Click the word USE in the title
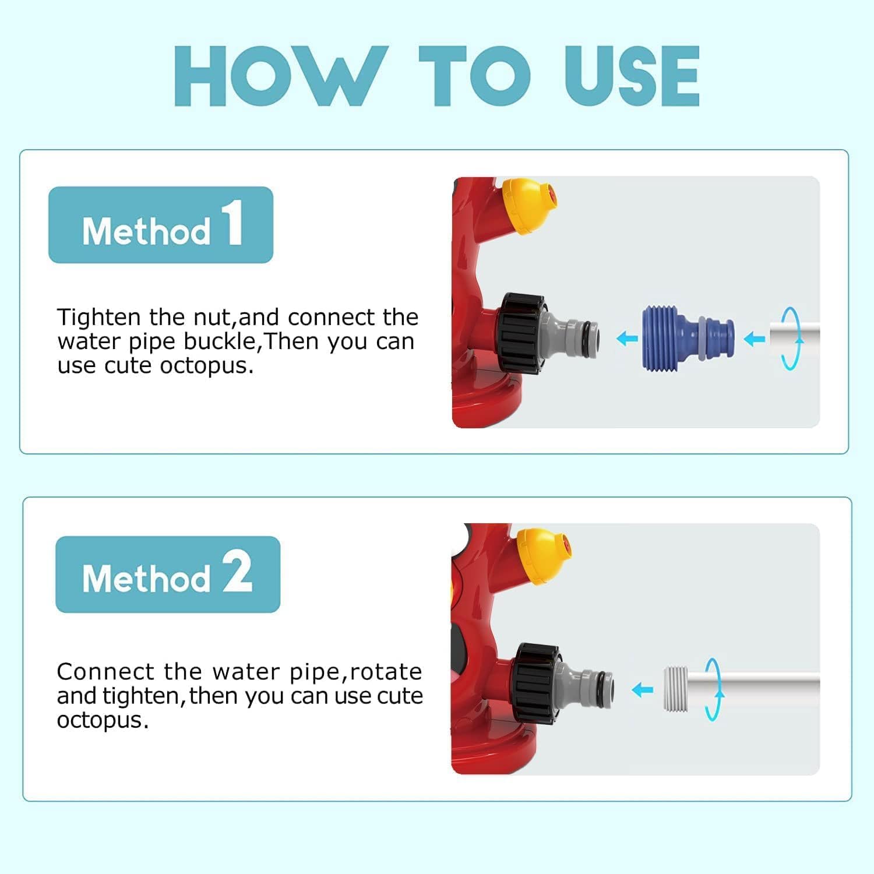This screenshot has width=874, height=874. click(632, 76)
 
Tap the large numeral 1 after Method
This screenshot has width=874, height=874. click(233, 222)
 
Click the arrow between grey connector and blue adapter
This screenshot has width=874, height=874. click(627, 338)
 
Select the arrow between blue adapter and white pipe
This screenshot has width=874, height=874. click(755, 339)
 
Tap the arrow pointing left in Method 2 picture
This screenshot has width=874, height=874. click(643, 690)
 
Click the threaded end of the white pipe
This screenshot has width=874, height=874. click(676, 689)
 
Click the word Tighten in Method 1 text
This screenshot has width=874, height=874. click(99, 318)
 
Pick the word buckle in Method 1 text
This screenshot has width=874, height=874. click(221, 341)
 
